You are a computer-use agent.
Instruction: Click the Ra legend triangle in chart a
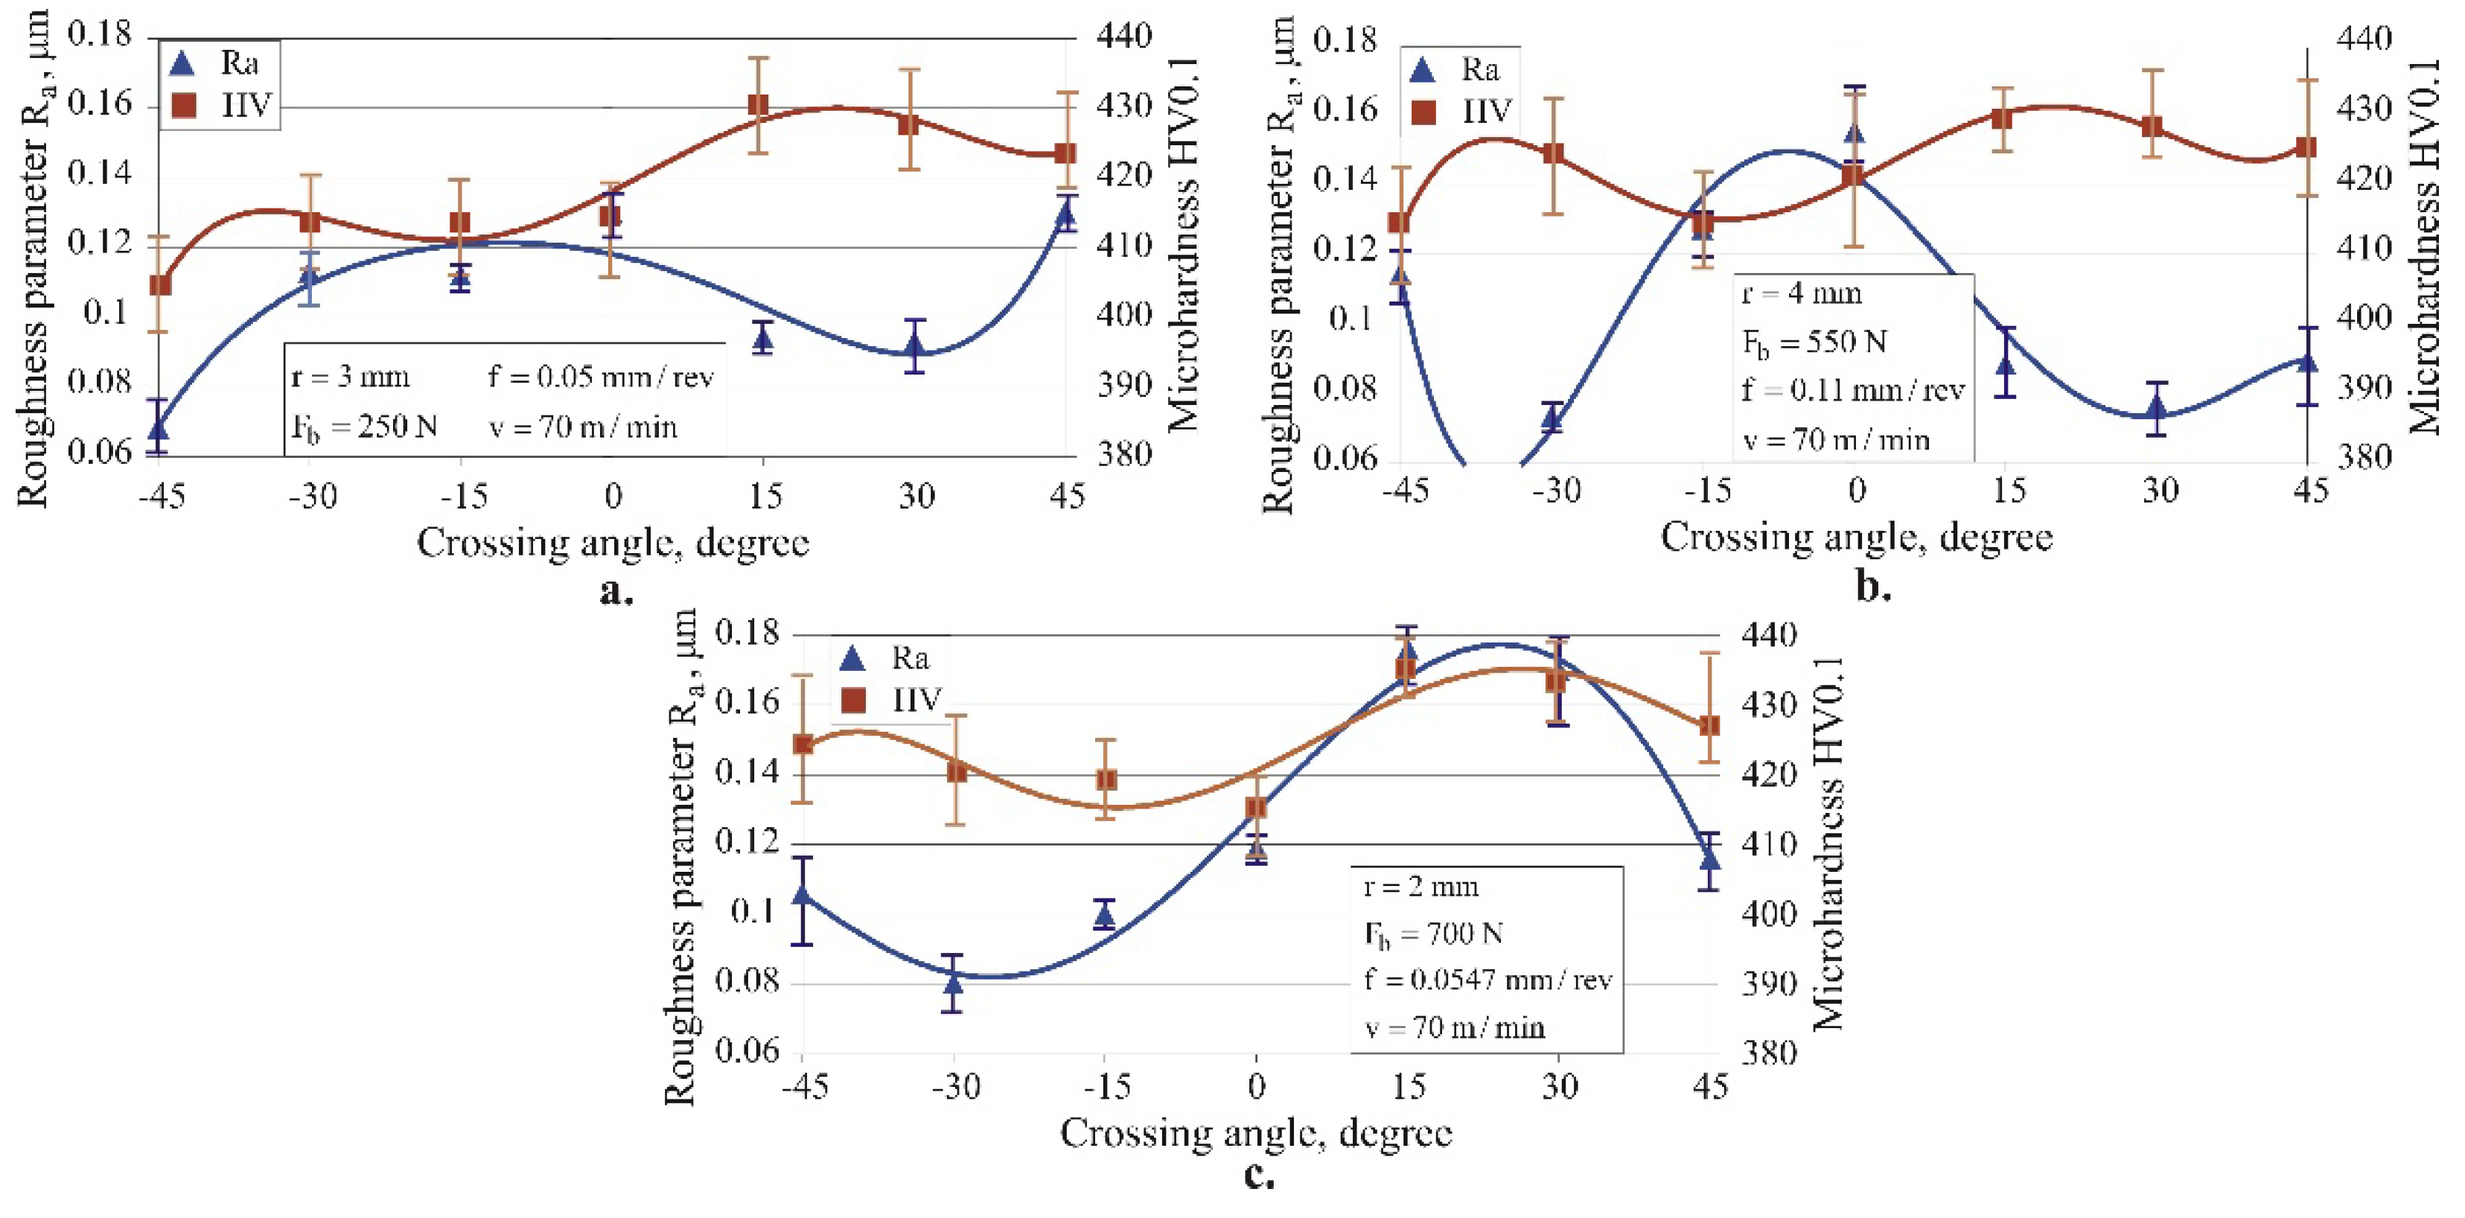pos(182,64)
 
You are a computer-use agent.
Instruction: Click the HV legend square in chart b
pos(1424,113)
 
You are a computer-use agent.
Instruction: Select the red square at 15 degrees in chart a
pos(759,104)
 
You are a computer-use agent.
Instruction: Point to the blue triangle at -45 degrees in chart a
pos(159,427)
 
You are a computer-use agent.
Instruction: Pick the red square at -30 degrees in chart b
pos(1553,153)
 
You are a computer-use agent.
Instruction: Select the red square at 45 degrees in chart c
pos(1709,725)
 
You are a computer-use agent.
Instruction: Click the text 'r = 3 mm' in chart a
pos(350,377)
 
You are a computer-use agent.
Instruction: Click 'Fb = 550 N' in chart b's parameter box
pos(1814,342)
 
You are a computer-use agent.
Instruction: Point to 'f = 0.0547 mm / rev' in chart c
pos(1488,980)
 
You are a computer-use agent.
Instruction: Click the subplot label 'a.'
pos(615,591)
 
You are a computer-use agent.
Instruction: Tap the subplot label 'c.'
pos(1258,1174)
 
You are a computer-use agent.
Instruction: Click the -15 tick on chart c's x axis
pos(1106,1087)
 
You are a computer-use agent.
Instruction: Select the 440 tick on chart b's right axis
pos(2364,39)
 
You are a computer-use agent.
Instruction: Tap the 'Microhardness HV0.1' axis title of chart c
pos(1828,842)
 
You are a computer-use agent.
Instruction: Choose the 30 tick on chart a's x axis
pos(915,496)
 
